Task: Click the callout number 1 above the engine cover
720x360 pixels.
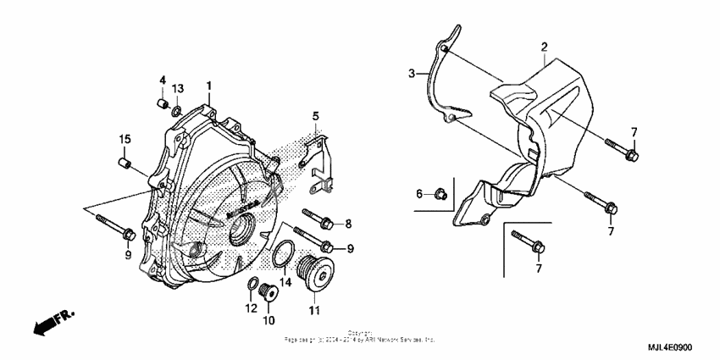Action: pyautogui.click(x=209, y=86)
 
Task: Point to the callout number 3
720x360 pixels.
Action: pyautogui.click(x=413, y=75)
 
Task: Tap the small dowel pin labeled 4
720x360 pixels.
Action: pyautogui.click(x=158, y=104)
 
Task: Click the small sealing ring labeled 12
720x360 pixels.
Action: pyautogui.click(x=252, y=283)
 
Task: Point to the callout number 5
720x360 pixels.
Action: pyautogui.click(x=315, y=115)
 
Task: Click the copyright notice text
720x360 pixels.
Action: pyautogui.click(x=359, y=337)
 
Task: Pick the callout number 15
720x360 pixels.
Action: pyautogui.click(x=125, y=139)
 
